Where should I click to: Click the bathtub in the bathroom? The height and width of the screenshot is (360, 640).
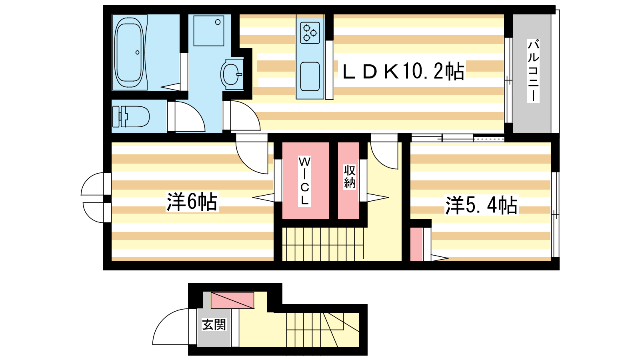(x=129, y=52)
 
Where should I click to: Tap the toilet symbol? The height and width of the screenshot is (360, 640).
(x=131, y=116)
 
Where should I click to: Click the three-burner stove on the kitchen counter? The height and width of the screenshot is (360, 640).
(x=310, y=33)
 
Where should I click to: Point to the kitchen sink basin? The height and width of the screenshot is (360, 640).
(x=310, y=76)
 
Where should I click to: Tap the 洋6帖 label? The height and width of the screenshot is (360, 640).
(x=192, y=202)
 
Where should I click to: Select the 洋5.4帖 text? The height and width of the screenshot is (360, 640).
(x=482, y=205)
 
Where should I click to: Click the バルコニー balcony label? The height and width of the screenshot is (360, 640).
(x=533, y=71)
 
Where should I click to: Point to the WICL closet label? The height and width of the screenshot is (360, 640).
(x=304, y=180)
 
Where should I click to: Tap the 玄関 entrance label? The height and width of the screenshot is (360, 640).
(x=214, y=324)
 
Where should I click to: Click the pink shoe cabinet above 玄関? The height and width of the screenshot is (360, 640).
(x=232, y=300)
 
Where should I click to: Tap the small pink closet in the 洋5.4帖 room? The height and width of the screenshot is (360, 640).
(x=416, y=244)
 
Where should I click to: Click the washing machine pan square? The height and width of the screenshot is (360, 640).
(x=208, y=30)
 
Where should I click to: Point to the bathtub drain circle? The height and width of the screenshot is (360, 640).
(x=138, y=52)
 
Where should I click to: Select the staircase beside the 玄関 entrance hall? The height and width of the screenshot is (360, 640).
(x=322, y=330)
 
